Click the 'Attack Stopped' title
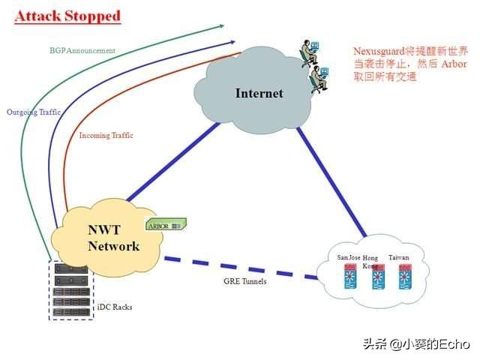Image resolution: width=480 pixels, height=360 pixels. [x=68, y=15]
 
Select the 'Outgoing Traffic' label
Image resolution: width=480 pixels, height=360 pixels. [x=34, y=112]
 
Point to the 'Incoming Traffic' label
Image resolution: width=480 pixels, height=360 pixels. [x=106, y=136]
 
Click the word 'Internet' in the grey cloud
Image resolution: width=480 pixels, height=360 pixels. [x=259, y=93]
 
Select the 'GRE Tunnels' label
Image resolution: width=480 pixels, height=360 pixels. [x=244, y=280]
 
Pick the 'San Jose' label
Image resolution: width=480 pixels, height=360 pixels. [x=349, y=258]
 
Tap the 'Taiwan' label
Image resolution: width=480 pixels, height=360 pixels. [x=399, y=258]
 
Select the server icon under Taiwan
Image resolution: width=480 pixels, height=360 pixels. [x=406, y=280]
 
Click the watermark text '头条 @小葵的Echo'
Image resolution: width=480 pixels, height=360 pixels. [x=416, y=344]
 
